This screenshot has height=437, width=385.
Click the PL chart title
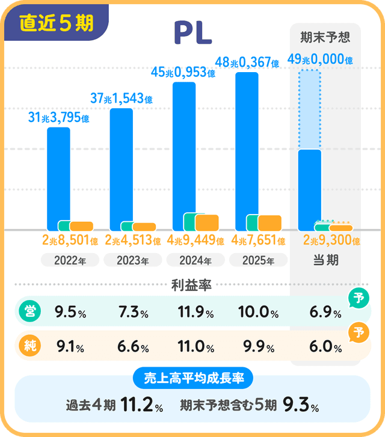point(192,34)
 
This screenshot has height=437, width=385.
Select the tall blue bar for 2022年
point(58,174)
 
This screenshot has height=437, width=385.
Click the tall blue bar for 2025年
point(247,144)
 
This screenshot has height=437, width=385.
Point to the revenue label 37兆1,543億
point(121,97)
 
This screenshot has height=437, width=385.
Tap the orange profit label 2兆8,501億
point(70,241)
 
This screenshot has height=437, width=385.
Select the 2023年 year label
point(132,260)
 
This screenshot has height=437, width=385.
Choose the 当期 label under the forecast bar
point(325,260)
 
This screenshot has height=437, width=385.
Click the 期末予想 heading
point(325,37)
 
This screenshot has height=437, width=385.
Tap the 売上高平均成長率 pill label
point(192,378)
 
